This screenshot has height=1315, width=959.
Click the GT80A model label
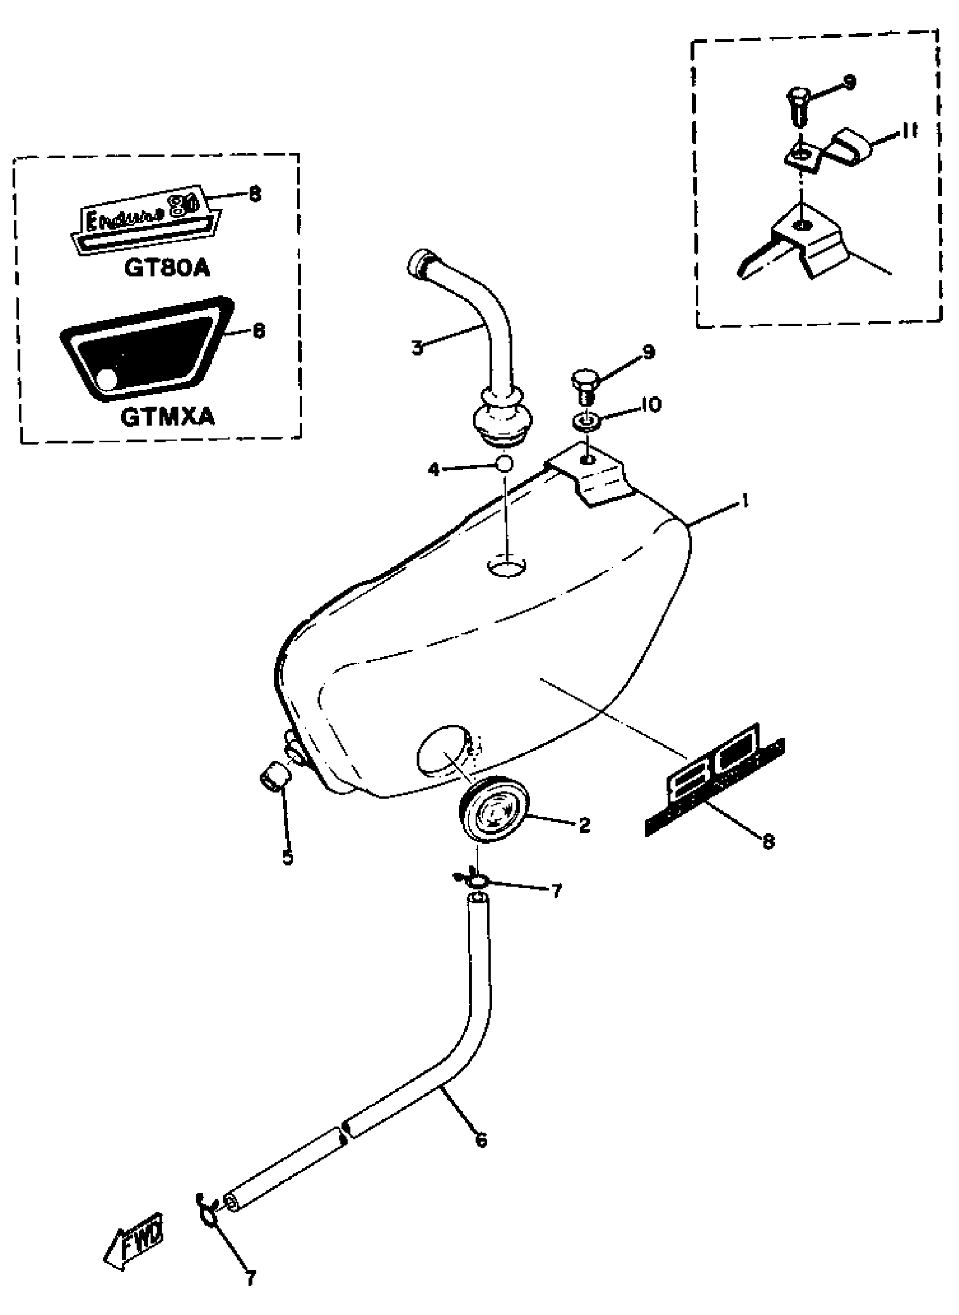point(166,268)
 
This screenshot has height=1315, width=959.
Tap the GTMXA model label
point(167,417)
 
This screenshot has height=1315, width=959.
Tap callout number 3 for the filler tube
point(417,348)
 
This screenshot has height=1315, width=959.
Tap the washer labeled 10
point(586,420)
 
